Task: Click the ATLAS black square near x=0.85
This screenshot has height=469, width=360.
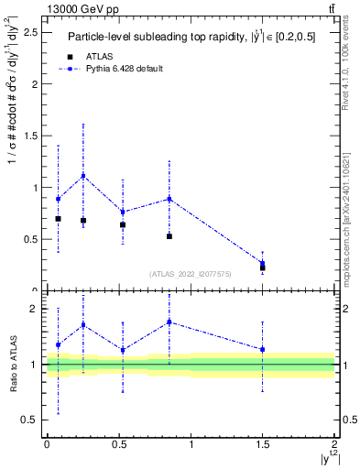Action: tap(169, 236)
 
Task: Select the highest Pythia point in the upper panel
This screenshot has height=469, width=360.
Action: tap(83, 176)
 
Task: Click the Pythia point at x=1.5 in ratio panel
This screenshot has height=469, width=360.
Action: tap(263, 349)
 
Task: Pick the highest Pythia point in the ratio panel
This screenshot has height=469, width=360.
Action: tap(169, 322)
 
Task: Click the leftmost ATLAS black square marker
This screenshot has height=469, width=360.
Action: tap(58, 219)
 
